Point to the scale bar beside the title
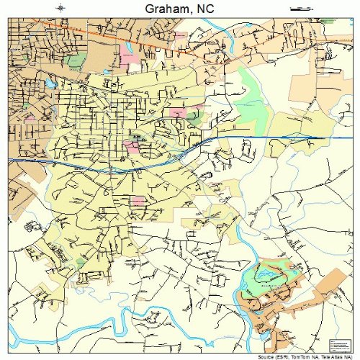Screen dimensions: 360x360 click(x=298, y=9)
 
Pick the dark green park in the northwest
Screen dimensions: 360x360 click(x=76, y=61)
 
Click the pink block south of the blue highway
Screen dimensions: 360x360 click(x=137, y=199)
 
